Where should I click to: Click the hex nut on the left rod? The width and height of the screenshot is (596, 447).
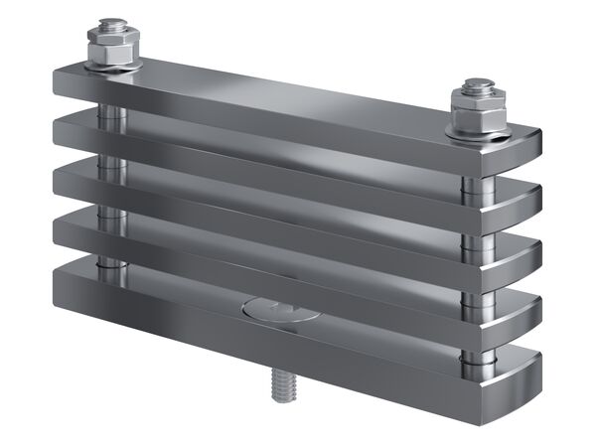coord(112,50)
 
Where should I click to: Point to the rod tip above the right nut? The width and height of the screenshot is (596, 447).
coord(477,84)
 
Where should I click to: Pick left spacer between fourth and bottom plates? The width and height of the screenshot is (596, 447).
coord(112,265)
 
